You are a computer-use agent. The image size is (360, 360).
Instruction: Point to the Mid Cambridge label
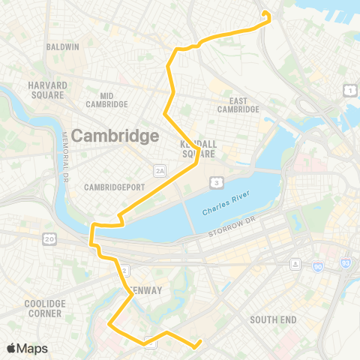116,100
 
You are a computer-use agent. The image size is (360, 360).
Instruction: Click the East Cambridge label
238,104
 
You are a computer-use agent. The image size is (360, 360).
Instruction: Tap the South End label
273,319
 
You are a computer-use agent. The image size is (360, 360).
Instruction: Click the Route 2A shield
159,171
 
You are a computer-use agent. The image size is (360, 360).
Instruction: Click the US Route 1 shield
349,91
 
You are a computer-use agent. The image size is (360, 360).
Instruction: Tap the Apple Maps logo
27,348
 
